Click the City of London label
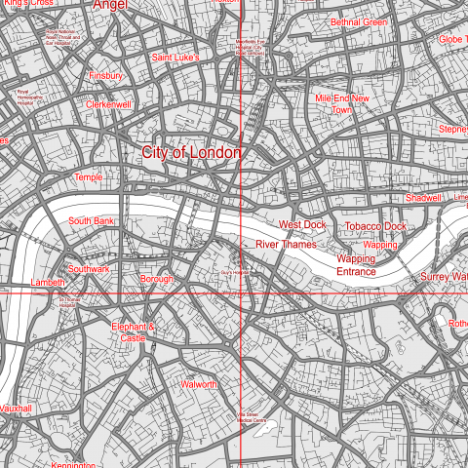[191, 153]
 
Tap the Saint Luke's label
[175, 58]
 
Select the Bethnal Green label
[359, 21]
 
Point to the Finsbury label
[105, 75]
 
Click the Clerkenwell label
[108, 104]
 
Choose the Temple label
[88, 177]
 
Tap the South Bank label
[92, 221]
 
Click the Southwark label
[89, 268]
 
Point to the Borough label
[156, 279]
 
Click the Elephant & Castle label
[134, 332]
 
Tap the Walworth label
[199, 385]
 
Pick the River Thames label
[287, 244]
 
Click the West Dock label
[302, 224]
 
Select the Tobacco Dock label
[375, 226]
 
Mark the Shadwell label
[423, 198]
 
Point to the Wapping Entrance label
[356, 265]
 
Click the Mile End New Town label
[342, 104]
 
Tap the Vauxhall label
[17, 409]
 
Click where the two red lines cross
[241, 292]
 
